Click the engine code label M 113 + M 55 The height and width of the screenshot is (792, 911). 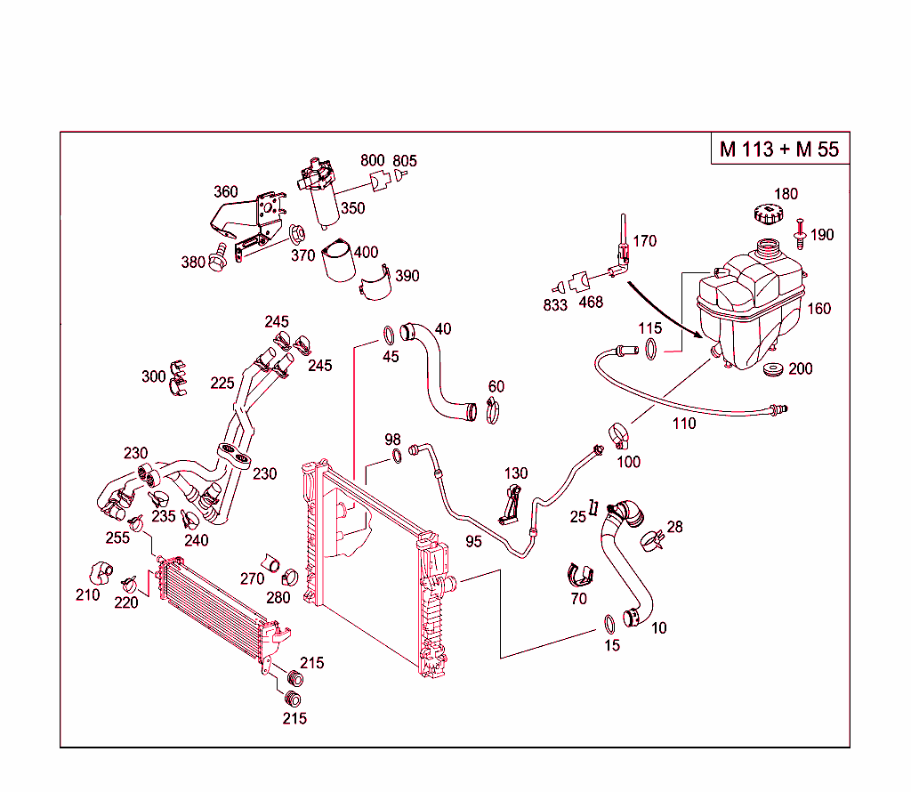(778, 149)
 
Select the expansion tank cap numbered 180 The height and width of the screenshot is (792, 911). (765, 214)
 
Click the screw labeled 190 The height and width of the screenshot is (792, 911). (800, 232)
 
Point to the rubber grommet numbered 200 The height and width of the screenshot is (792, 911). (773, 369)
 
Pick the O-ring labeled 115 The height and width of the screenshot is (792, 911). (651, 348)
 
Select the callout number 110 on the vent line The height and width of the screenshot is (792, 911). (683, 424)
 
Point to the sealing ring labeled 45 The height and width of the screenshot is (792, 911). (389, 335)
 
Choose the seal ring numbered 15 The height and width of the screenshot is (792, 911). (609, 621)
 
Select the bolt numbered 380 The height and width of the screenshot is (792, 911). (216, 262)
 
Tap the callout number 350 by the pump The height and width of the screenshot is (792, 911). (353, 208)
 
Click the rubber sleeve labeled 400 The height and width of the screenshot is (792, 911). (338, 263)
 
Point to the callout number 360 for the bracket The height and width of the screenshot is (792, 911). (226, 192)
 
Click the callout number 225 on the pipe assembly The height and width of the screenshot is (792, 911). (222, 384)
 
